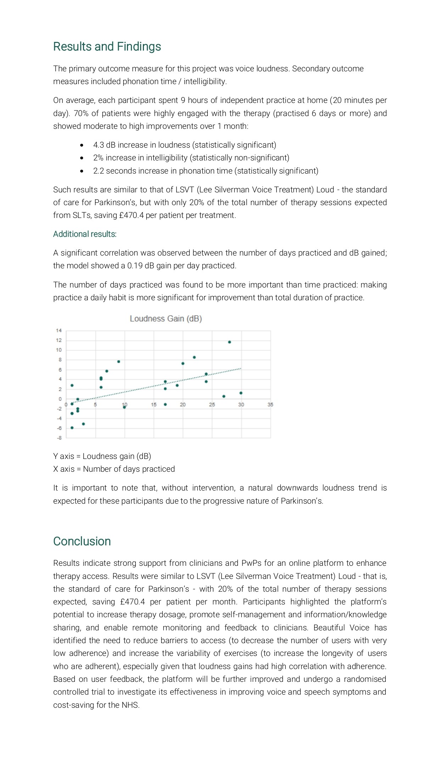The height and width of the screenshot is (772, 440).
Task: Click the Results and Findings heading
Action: [x=107, y=46]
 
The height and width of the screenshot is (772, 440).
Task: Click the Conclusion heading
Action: [x=82, y=541]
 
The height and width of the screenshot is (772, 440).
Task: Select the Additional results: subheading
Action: [x=85, y=234]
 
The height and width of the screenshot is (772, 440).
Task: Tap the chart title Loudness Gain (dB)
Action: [x=166, y=319]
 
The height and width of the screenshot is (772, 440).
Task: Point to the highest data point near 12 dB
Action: [x=229, y=342]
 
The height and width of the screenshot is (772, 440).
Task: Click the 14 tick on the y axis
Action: [x=59, y=330]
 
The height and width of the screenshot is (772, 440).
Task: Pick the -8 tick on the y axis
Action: [x=59, y=438]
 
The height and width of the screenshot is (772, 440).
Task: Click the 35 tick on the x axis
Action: [x=270, y=405]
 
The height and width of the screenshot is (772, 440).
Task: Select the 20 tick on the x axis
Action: [x=183, y=405]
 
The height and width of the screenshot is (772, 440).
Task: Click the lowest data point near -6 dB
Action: [x=72, y=428]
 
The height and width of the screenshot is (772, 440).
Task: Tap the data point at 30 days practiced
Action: [x=241, y=393]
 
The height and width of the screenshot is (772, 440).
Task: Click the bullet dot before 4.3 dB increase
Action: [x=82, y=145]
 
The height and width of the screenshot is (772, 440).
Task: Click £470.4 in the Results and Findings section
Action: [x=132, y=215]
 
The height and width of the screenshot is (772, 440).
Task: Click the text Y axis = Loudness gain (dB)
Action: [x=102, y=456]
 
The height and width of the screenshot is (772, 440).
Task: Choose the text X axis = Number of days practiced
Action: [x=114, y=469]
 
